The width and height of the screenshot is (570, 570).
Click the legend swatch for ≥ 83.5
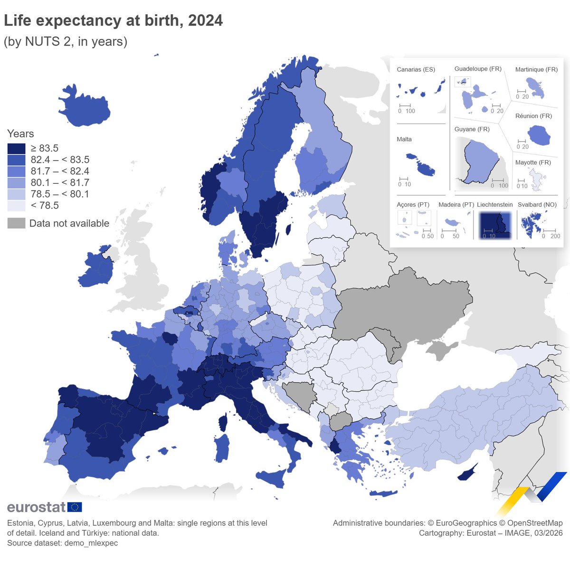point(16,148)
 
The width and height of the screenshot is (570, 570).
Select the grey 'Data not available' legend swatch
point(16,223)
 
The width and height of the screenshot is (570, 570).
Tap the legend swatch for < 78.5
point(16,205)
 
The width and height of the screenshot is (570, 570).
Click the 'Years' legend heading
point(20,134)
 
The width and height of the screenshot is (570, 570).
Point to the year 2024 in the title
point(205,20)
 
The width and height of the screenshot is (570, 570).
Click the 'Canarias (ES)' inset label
point(416,69)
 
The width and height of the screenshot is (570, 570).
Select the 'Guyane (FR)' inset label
point(472,129)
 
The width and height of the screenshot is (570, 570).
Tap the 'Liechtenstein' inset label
point(494,205)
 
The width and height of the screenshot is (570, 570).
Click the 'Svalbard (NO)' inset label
point(537,205)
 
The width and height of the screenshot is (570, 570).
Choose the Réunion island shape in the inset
point(539,136)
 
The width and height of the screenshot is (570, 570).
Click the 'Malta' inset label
point(404,139)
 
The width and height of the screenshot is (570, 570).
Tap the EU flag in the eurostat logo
point(75,507)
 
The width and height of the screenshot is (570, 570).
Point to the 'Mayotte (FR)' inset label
point(533,162)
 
